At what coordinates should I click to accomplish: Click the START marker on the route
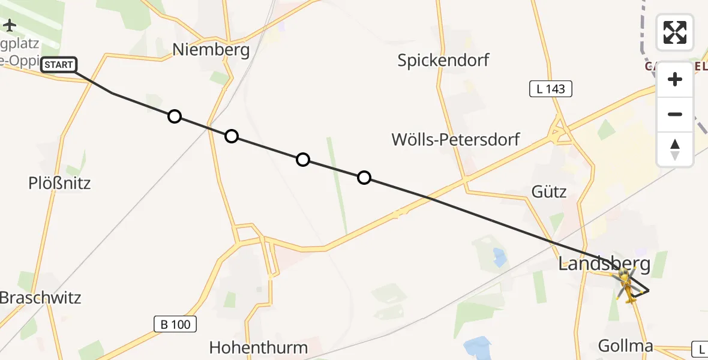[59, 65]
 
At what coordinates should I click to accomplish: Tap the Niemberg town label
[211, 50]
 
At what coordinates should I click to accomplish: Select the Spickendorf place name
[443, 60]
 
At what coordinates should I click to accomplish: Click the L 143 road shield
[550, 89]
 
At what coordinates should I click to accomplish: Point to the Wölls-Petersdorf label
[455, 140]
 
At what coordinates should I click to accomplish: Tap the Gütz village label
[549, 191]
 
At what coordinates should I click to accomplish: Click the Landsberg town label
[604, 263]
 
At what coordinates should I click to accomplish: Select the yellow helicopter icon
[626, 284]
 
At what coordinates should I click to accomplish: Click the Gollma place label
[625, 346]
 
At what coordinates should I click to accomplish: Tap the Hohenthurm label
[258, 347]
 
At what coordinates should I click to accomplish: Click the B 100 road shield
[175, 325]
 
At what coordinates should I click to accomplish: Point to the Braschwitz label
[40, 298]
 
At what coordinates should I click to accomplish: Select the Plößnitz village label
[59, 183]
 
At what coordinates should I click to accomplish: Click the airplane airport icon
[10, 25]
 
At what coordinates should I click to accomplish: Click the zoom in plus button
[675, 79]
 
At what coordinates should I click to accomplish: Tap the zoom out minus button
[675, 114]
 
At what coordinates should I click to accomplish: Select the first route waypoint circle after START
[175, 116]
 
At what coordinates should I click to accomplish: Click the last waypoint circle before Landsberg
[364, 178]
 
